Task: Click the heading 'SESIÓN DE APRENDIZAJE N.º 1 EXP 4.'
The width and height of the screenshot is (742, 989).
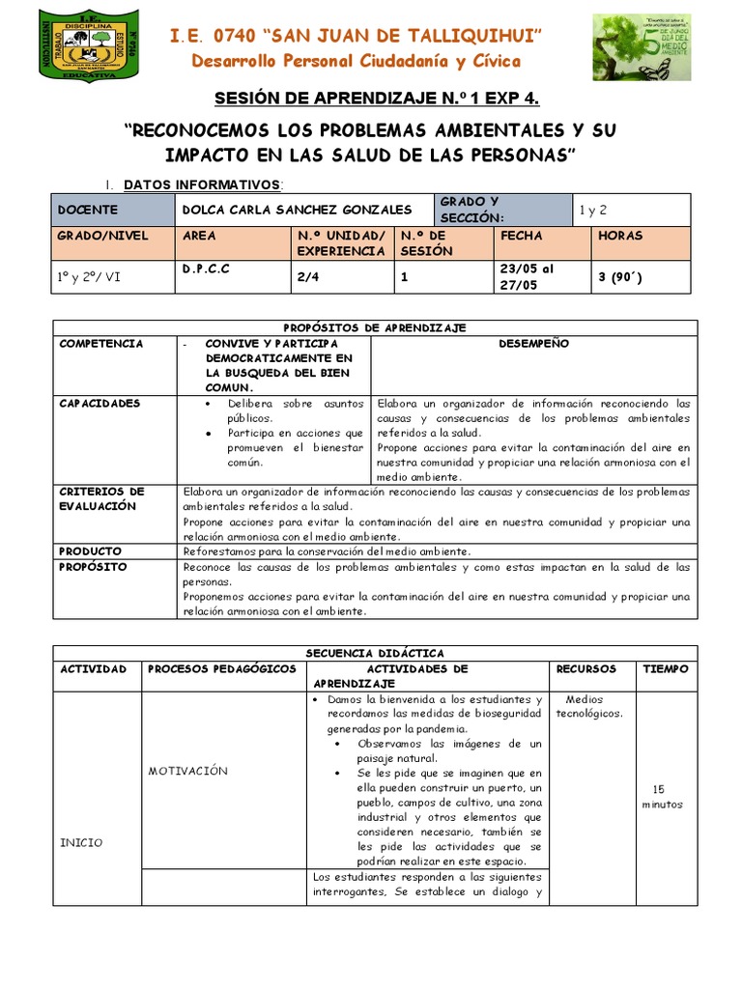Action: (376, 99)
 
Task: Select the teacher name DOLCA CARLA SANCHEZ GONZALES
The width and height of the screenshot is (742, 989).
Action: (297, 210)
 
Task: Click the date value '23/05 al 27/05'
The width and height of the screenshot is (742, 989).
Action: (528, 276)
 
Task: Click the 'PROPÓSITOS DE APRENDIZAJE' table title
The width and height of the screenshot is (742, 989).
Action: (376, 328)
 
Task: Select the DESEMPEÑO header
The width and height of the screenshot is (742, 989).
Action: (533, 344)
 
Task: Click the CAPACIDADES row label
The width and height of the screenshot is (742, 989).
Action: (100, 403)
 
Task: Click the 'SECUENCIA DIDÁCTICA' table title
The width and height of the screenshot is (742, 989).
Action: (376, 653)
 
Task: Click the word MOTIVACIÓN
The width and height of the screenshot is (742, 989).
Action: (187, 771)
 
